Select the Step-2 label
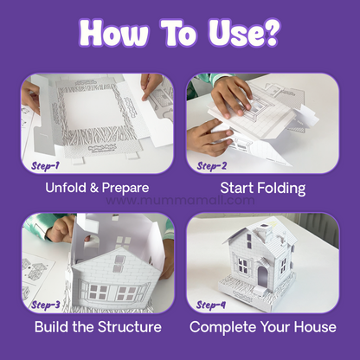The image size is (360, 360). pos(211,164)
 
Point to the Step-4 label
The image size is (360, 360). pos(211,305)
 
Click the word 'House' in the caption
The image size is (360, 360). pos(314,327)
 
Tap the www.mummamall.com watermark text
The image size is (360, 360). pos(180,201)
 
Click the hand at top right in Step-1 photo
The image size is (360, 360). pos(152,84)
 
